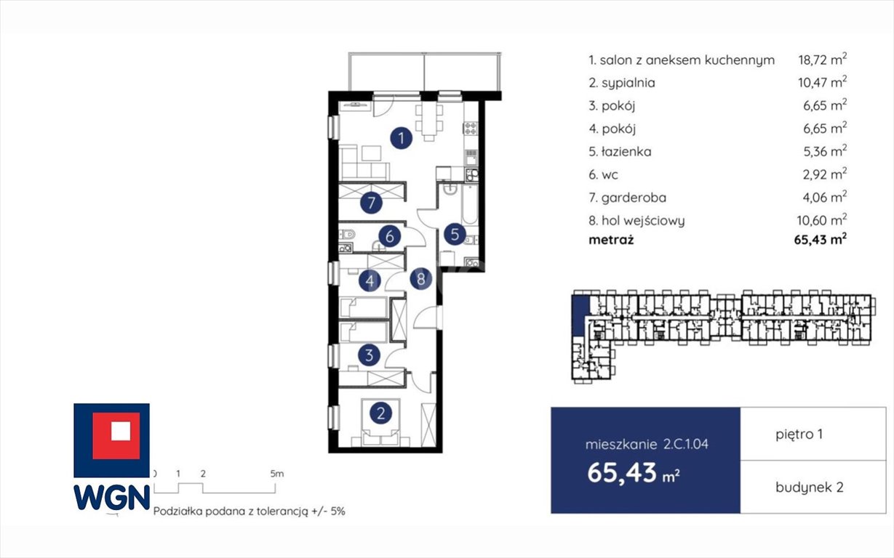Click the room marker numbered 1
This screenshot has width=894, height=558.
[401, 138]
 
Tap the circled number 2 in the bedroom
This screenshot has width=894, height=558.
[380, 413]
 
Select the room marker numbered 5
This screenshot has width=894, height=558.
[455, 234]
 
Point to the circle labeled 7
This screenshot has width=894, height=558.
[371, 203]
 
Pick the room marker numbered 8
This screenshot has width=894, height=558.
[421, 279]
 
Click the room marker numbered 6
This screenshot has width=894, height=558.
[389, 236]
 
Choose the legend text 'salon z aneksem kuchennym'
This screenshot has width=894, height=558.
[687, 60]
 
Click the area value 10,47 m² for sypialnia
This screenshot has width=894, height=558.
[822, 81]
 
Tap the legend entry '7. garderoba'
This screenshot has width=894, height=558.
[627, 198]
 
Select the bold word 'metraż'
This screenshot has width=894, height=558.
[611, 240]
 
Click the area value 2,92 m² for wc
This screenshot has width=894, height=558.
[825, 174]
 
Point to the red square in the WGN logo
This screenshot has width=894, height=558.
[116, 436]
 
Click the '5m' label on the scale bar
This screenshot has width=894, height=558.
[277, 474]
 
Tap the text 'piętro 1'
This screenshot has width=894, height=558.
[799, 434]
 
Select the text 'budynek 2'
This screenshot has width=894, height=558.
[810, 487]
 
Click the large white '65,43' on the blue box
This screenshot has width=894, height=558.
[622, 473]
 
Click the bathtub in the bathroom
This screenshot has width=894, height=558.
[470, 204]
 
